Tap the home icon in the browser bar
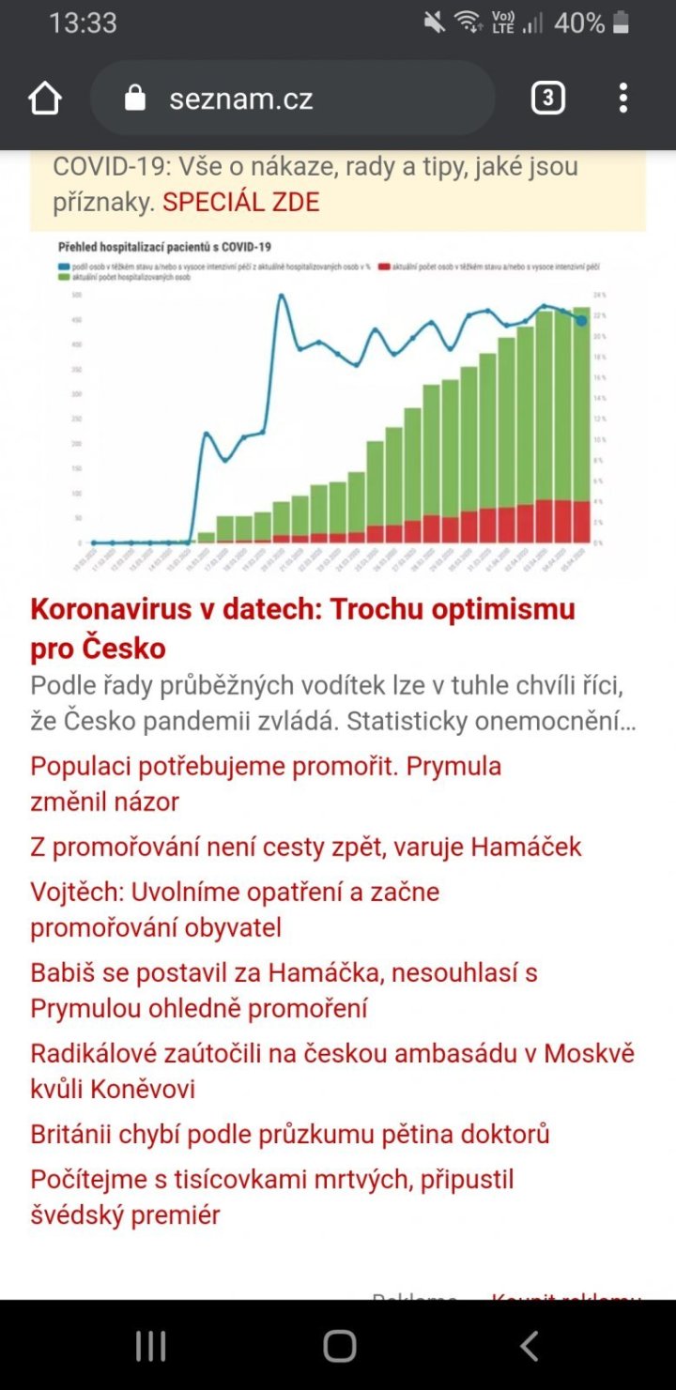45,99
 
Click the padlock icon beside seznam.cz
136,99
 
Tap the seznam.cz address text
241,99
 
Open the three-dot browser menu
622,99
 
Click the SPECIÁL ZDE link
241,202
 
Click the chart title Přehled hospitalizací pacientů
164,247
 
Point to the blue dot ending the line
582,321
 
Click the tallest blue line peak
280,296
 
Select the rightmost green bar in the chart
582,404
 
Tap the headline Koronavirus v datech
302,628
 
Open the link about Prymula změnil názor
266,784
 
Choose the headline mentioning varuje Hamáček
306,847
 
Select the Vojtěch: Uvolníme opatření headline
235,909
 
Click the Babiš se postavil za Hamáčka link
284,990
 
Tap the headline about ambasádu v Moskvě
332,1071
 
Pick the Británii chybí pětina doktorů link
289,1134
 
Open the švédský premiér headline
272,1197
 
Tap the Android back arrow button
529,1346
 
